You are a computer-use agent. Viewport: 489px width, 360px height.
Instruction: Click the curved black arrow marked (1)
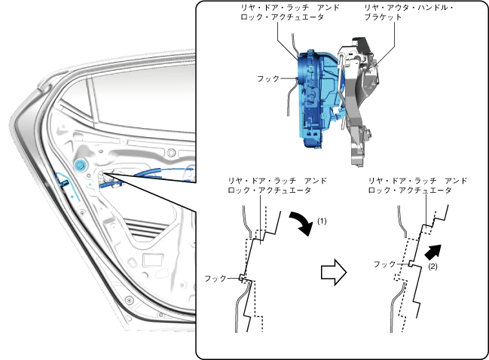302,223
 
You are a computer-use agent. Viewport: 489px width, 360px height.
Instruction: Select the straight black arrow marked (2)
432,252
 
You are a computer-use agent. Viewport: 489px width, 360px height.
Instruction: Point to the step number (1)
322,222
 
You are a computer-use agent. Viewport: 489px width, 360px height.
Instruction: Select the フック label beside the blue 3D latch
267,78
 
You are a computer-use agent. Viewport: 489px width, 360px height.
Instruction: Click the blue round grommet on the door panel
81,164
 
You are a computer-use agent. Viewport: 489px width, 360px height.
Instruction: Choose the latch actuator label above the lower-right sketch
417,186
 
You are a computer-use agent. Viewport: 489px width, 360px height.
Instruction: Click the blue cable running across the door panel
151,180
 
